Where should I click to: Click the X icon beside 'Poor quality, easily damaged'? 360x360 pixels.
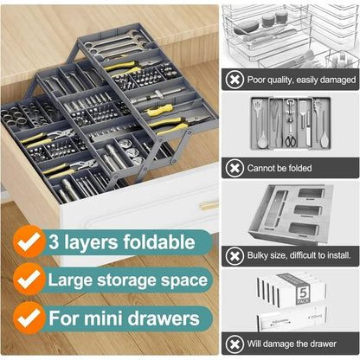tap(235, 80)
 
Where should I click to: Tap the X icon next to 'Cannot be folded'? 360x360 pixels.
tap(235, 168)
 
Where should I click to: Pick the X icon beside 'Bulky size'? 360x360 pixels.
tap(235, 256)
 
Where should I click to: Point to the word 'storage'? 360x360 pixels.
tap(143, 280)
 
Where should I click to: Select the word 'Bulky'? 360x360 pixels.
tap(262, 256)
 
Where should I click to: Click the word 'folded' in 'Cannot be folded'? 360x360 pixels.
tap(319, 168)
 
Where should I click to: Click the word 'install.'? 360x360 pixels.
tap(340, 256)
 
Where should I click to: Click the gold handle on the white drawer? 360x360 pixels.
tap(209, 206)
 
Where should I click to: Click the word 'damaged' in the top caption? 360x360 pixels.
tap(334, 80)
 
